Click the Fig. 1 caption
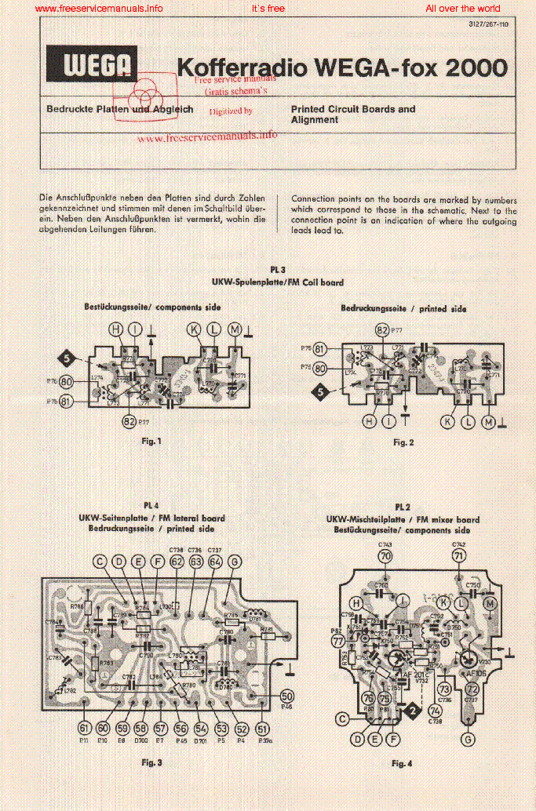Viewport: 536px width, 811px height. tap(151, 441)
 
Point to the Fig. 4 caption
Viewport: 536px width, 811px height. tap(403, 763)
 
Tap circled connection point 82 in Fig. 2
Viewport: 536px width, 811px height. tap(382, 329)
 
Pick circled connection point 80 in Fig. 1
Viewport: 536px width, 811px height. tap(67, 382)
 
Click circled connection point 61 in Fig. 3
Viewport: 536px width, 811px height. tap(84, 728)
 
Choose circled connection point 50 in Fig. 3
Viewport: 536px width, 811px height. tap(286, 696)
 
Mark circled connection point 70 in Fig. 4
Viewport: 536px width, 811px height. tap(385, 556)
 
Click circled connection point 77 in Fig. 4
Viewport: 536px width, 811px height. tap(339, 641)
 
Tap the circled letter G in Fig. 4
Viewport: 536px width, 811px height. tap(469, 739)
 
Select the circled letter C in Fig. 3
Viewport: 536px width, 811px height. tap(100, 561)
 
